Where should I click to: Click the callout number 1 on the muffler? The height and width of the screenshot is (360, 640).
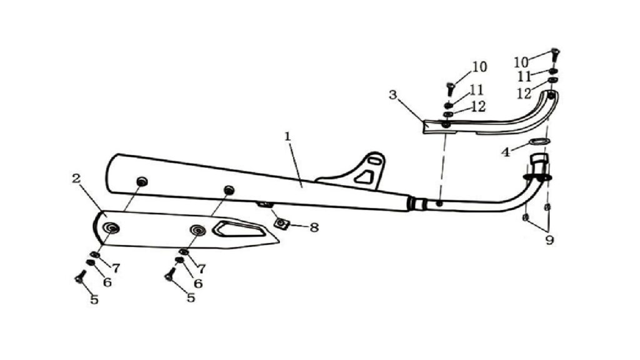coord(287,136)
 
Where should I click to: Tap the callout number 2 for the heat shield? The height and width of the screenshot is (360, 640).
coord(76,178)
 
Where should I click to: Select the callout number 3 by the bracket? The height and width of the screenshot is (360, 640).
coord(392,95)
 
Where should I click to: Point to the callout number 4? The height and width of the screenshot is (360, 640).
coord(506,152)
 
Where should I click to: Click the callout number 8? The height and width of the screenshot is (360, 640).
coord(314,227)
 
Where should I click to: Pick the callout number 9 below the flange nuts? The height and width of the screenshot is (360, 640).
coord(550,241)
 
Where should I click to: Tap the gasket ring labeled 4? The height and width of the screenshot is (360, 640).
coord(539,141)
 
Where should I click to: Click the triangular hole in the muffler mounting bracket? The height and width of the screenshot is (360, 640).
coord(364,177)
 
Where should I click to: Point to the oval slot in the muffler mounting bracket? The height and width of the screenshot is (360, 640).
coord(373,161)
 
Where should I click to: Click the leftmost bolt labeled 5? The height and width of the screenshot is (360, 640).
coord(79,276)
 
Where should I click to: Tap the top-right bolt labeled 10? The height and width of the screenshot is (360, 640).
coord(555,54)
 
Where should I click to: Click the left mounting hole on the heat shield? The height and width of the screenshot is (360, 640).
coord(111,228)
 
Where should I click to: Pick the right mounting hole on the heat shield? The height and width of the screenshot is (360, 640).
coord(198,230)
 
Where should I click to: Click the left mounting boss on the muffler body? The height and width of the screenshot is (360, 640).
coord(142,181)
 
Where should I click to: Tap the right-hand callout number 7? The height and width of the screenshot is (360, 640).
coord(201,269)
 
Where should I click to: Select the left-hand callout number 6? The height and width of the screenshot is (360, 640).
coord(107,282)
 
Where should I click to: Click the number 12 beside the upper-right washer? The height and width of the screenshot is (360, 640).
coord(524,94)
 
